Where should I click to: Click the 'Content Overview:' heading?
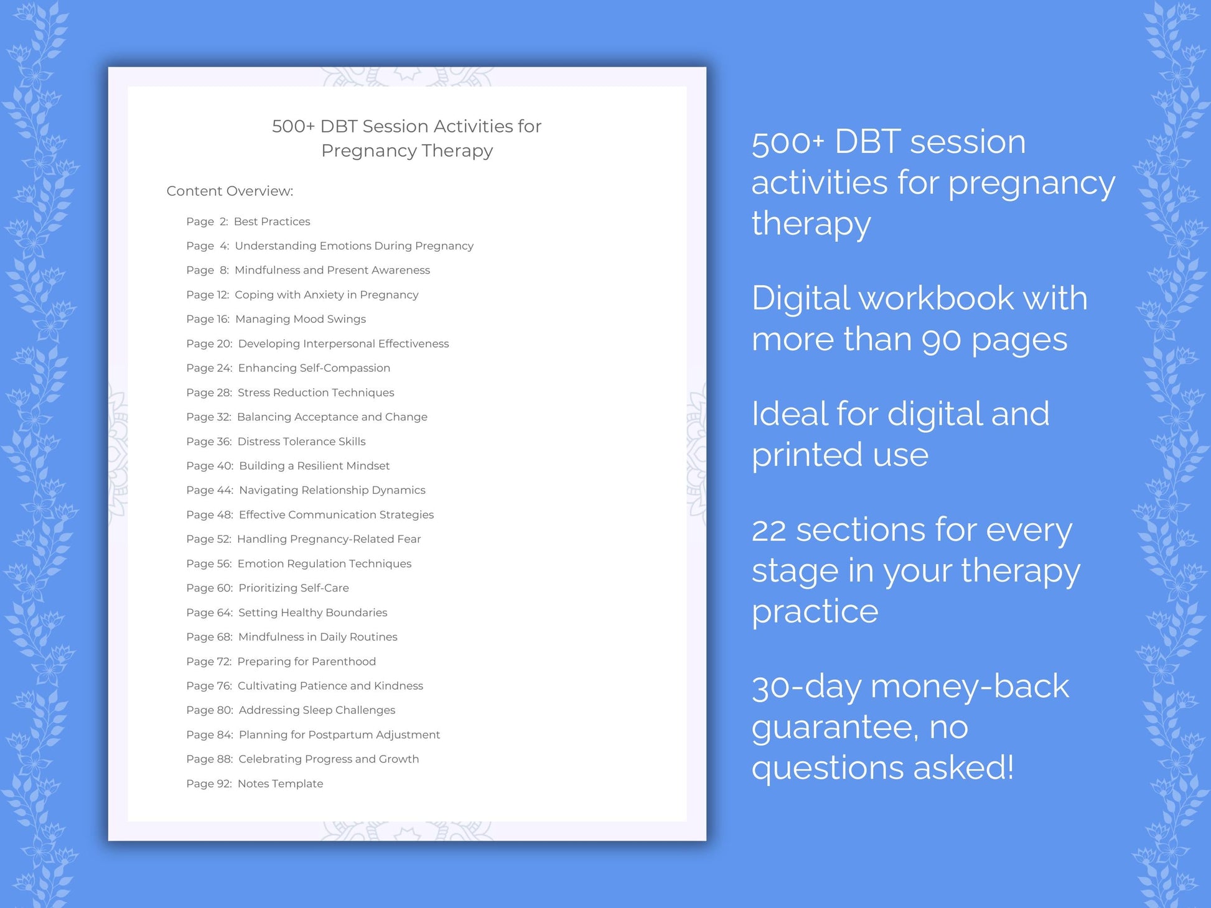[230, 191]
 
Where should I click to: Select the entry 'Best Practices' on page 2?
[272, 221]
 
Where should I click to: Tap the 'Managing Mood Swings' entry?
[301, 319]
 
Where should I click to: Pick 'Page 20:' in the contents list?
[209, 343]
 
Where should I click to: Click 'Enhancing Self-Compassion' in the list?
[314, 368]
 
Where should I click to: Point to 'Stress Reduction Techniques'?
[316, 392]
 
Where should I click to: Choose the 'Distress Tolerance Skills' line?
[302, 441]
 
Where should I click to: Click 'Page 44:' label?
[210, 490]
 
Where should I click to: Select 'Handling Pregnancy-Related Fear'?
[329, 539]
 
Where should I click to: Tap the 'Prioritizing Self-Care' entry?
[294, 588]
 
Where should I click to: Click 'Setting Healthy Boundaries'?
[312, 612]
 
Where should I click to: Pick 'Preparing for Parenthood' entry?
[307, 661]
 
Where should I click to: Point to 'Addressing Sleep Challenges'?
[317, 710]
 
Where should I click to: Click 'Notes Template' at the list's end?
[280, 783]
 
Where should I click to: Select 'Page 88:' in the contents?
[210, 759]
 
